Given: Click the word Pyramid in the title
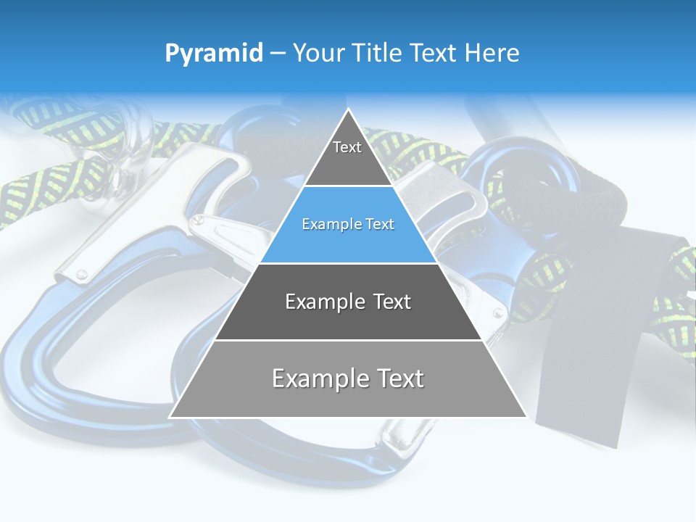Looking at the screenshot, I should pyautogui.click(x=213, y=54).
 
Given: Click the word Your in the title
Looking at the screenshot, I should pyautogui.click(x=320, y=54).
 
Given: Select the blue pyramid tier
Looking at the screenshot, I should pyautogui.click(x=348, y=225).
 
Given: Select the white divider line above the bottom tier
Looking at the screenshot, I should pyautogui.click(x=348, y=340).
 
